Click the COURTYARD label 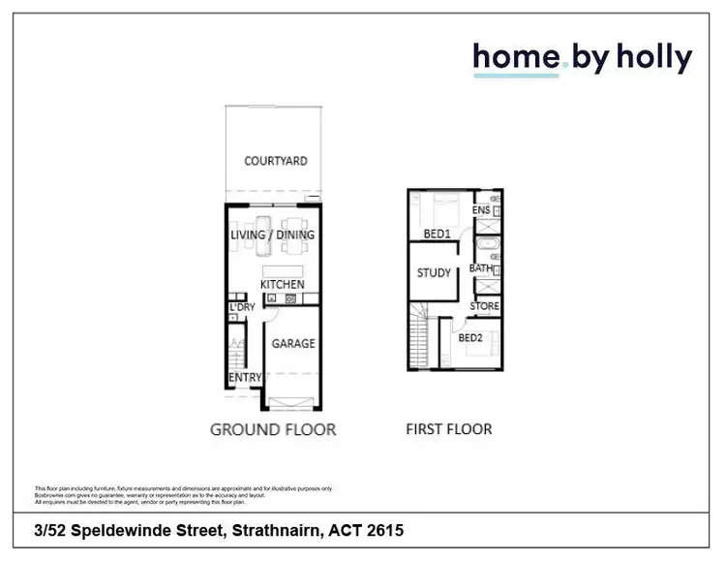276,161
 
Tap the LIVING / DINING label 272,235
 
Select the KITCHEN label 283,285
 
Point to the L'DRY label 241,308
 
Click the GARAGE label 292,344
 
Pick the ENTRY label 245,378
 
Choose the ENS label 480,210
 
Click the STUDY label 435,273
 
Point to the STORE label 485,306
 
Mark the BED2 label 470,338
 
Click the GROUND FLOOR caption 273,428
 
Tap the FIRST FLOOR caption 449,428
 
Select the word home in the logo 516,58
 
